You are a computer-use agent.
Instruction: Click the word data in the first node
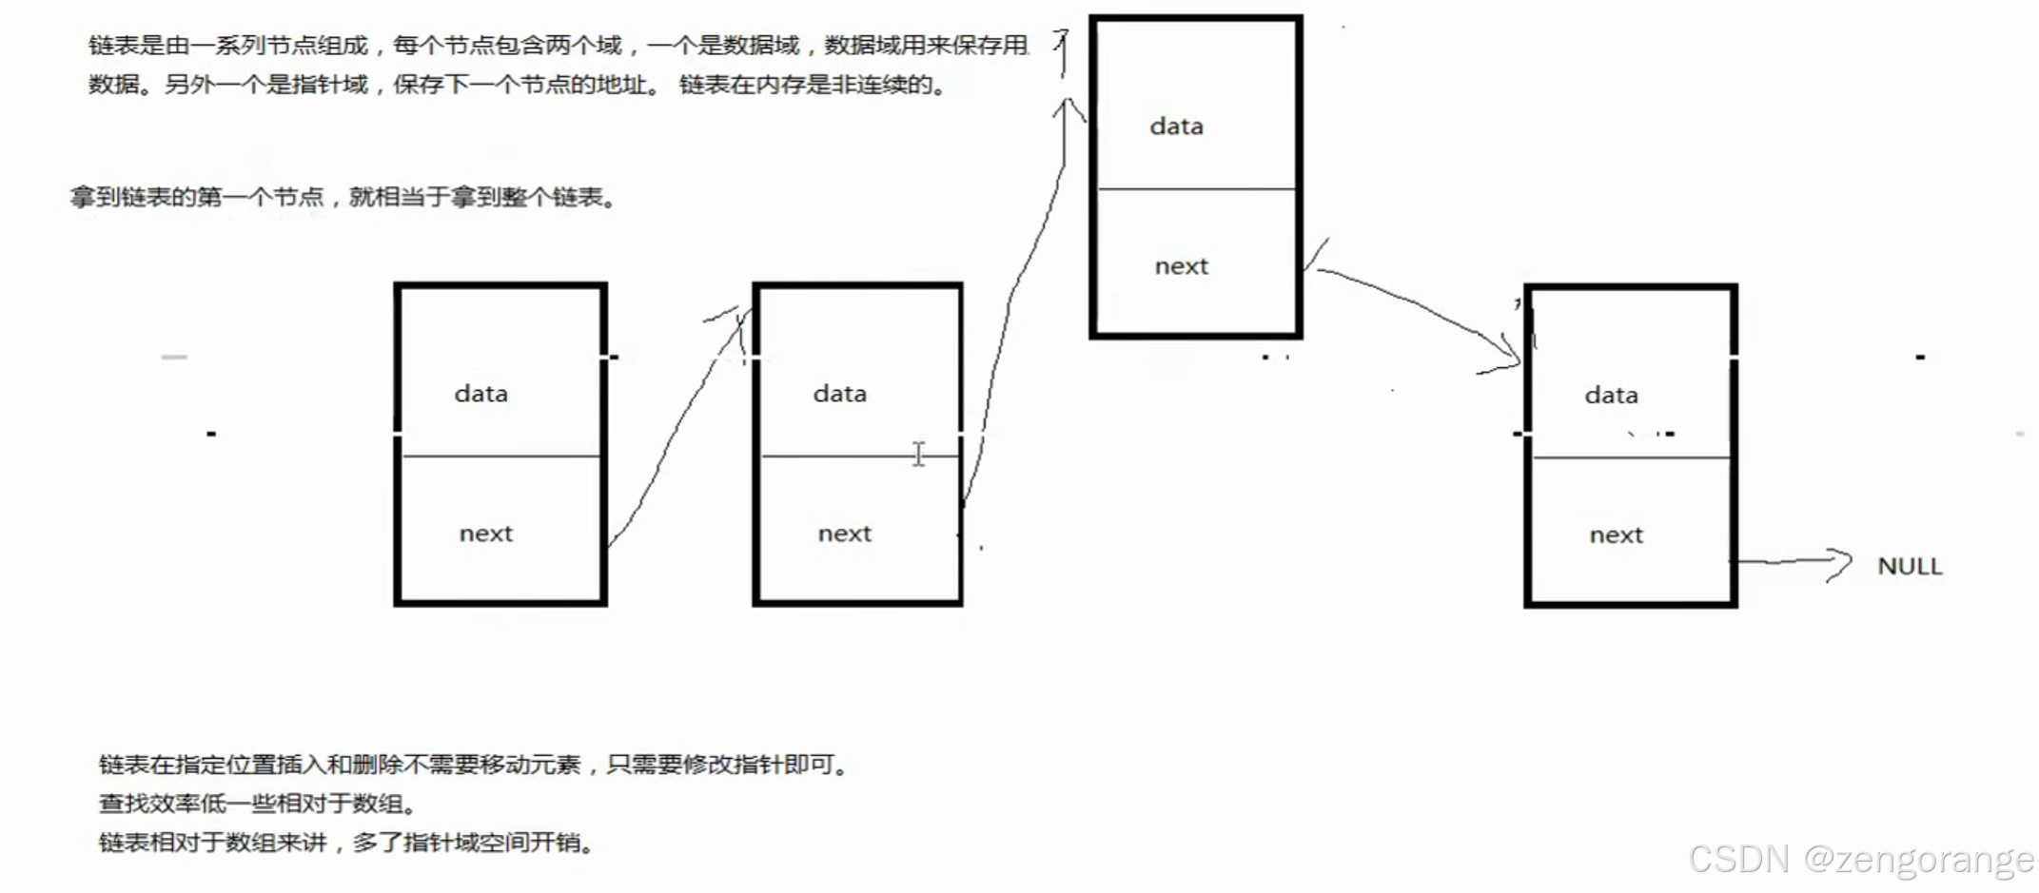click(x=480, y=394)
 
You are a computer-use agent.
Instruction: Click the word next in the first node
click(x=485, y=534)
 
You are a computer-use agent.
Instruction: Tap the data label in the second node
click(x=839, y=394)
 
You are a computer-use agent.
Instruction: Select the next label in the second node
click(x=844, y=534)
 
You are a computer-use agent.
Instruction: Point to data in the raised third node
click(x=1176, y=126)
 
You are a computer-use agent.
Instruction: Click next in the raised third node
click(x=1181, y=266)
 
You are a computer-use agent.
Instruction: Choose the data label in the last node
click(x=1611, y=396)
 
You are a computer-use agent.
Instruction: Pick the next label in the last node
click(x=1616, y=535)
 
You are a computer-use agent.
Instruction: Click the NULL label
click(x=1910, y=567)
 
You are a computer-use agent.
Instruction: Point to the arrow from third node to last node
click(x=1418, y=304)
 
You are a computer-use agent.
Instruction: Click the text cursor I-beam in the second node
click(x=918, y=454)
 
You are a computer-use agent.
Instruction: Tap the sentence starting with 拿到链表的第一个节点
click(x=343, y=198)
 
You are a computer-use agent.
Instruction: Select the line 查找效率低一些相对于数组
click(x=257, y=805)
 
